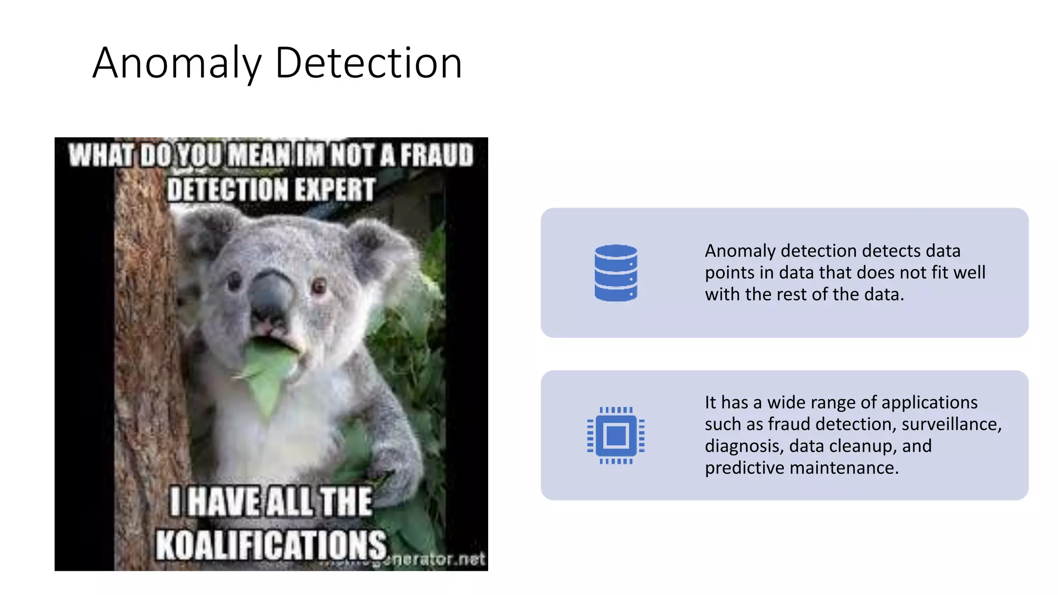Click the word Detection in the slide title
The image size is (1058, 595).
(x=368, y=63)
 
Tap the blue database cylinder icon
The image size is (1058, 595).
(x=615, y=273)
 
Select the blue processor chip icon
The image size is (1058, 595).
(x=615, y=435)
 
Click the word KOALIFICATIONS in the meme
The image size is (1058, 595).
(x=271, y=545)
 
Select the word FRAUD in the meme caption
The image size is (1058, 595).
(x=437, y=155)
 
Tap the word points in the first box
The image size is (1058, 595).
(x=729, y=273)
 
